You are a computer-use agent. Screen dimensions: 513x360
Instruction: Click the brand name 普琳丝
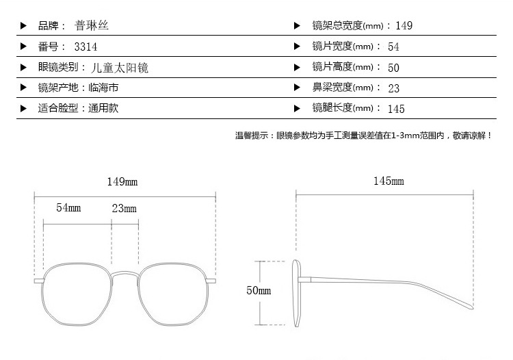click(x=91, y=25)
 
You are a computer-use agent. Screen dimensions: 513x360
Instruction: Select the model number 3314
click(x=85, y=47)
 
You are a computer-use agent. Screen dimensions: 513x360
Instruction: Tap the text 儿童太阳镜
click(x=120, y=68)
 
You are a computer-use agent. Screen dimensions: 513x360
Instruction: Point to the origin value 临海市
click(x=103, y=88)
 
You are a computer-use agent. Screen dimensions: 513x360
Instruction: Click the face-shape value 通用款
click(x=103, y=108)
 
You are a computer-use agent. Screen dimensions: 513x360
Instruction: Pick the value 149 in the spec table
click(x=404, y=25)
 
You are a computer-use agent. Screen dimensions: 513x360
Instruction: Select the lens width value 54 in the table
click(x=393, y=47)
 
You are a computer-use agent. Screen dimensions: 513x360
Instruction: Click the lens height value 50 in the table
click(x=393, y=68)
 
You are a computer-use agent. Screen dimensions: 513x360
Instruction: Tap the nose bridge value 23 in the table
click(x=393, y=88)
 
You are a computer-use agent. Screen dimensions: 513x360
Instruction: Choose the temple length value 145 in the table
click(x=396, y=109)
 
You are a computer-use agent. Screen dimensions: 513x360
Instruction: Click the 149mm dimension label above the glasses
click(x=122, y=181)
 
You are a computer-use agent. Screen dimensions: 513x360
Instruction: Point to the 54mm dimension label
click(x=68, y=207)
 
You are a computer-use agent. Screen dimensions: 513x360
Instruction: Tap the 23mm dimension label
click(x=124, y=208)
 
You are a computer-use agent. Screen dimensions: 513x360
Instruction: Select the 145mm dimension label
click(x=389, y=181)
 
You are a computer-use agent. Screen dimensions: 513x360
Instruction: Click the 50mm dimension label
click(x=259, y=290)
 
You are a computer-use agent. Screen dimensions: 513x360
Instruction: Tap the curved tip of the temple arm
click(x=471, y=307)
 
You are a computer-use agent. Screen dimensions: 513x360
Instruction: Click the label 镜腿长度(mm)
click(x=343, y=107)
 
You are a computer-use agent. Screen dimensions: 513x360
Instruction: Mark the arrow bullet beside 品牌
click(x=23, y=25)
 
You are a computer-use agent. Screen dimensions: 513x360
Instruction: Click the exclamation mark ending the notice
click(x=489, y=136)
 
